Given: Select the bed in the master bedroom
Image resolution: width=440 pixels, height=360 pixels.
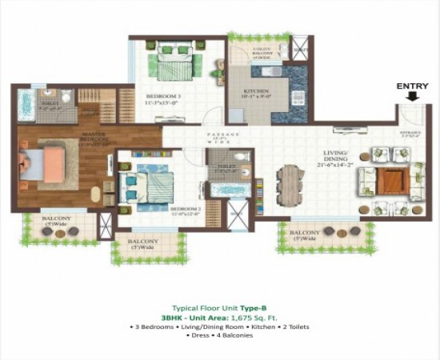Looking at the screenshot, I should [44, 163].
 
